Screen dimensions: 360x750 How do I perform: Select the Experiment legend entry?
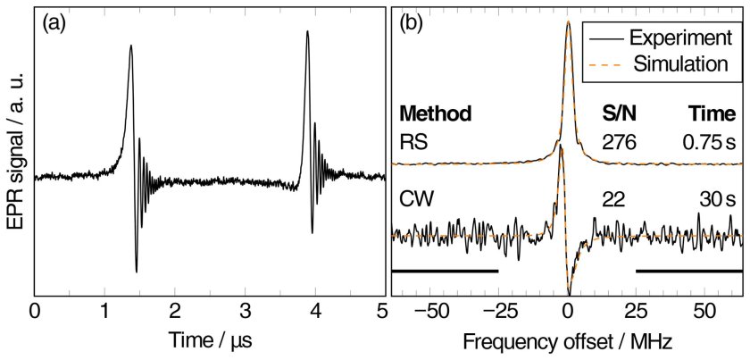click(674, 38)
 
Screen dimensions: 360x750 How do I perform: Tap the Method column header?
click(436, 114)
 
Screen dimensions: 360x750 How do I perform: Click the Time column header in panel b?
click(714, 114)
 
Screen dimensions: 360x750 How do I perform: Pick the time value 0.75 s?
click(712, 141)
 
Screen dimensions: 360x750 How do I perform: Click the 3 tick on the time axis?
click(244, 311)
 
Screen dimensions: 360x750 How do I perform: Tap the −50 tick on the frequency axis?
click(433, 311)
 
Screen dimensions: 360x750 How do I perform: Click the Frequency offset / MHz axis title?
click(567, 341)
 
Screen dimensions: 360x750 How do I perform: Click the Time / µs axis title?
click(208, 341)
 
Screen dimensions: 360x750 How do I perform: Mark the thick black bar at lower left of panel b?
click(445, 269)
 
